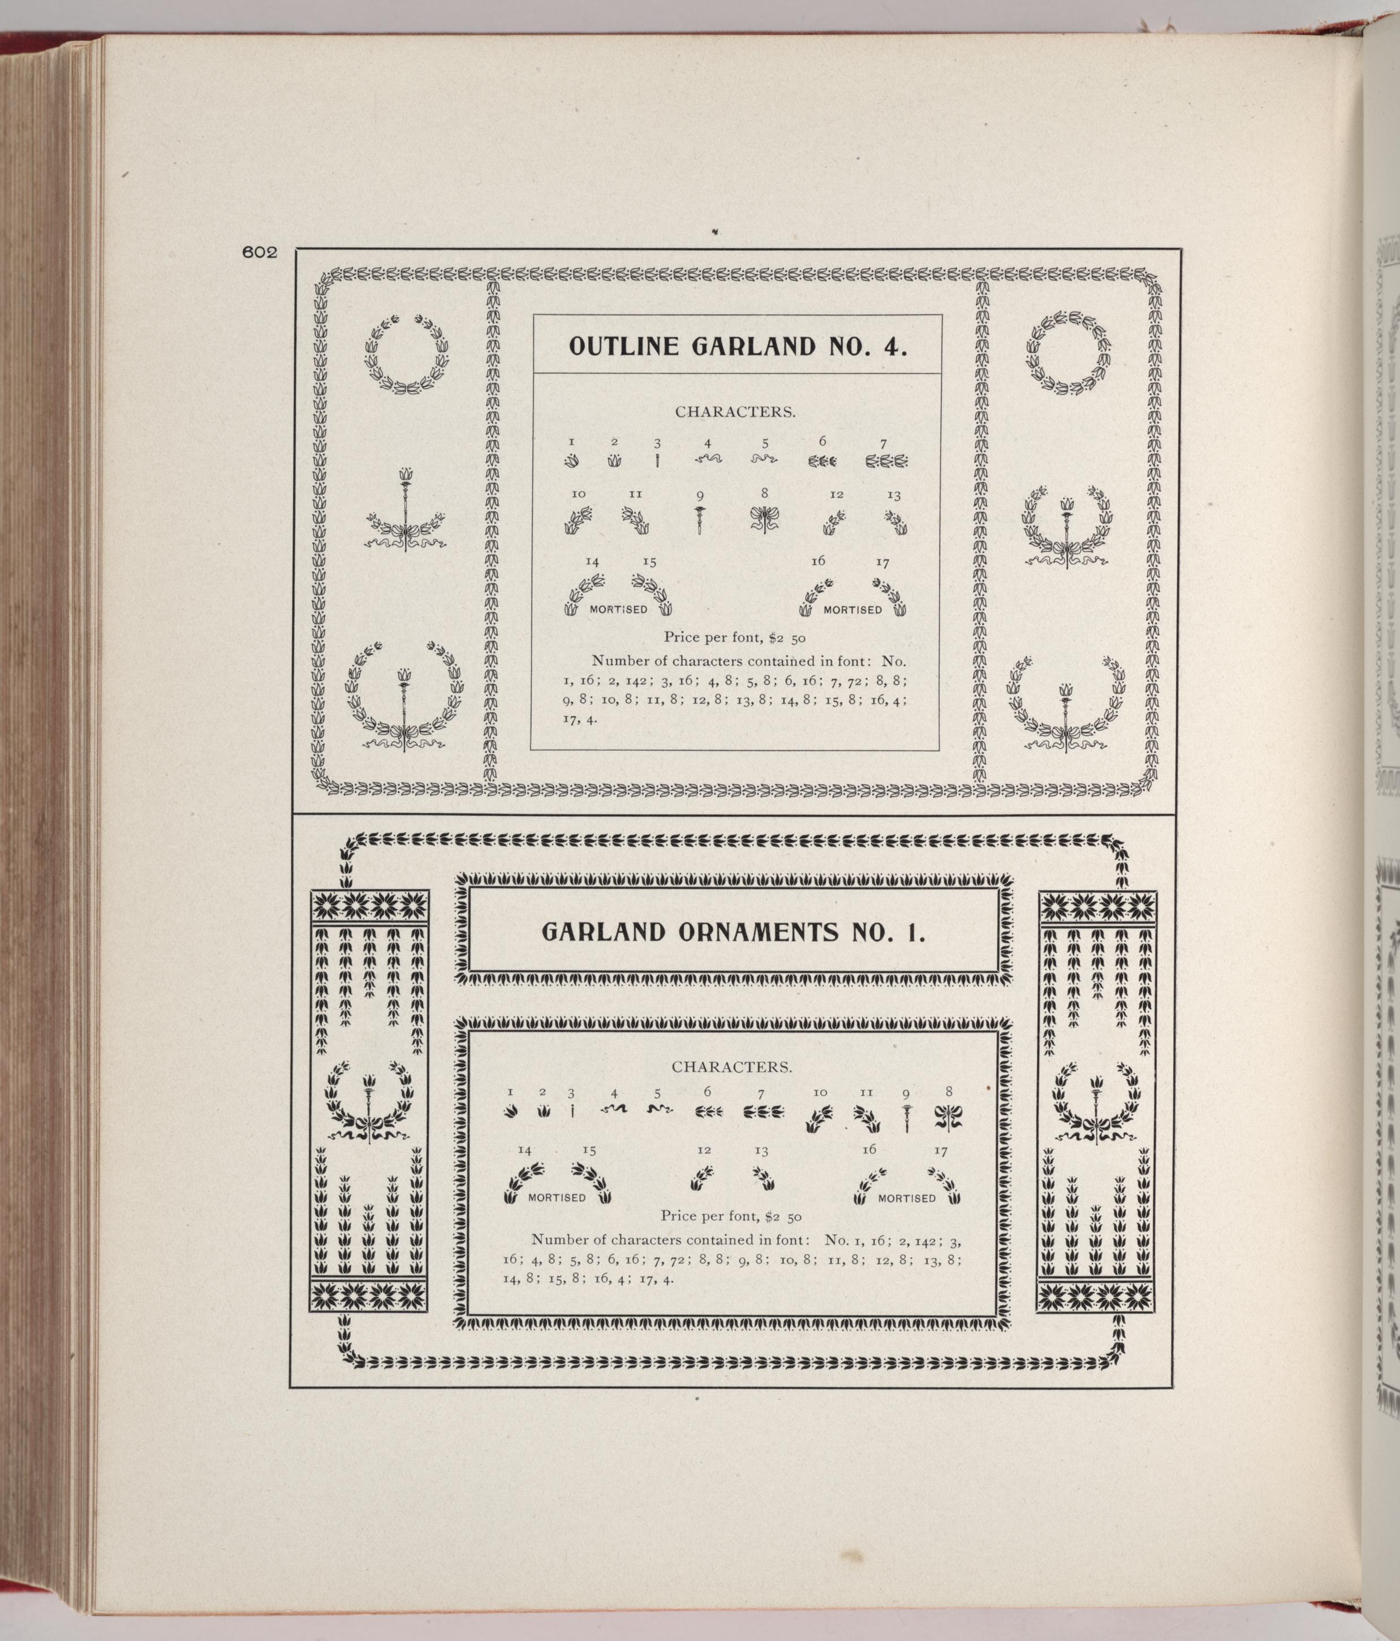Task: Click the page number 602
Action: pyautogui.click(x=259, y=253)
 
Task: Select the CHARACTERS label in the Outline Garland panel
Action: pyautogui.click(x=735, y=412)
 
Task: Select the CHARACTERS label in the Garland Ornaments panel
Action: pyautogui.click(x=731, y=1067)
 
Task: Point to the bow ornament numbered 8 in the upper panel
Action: pyautogui.click(x=764, y=519)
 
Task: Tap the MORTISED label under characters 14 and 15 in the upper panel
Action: pyautogui.click(x=618, y=609)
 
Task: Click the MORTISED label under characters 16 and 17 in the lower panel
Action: pyautogui.click(x=907, y=1198)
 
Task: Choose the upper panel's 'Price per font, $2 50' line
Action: pyautogui.click(x=735, y=637)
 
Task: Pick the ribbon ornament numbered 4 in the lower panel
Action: pyautogui.click(x=614, y=1110)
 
